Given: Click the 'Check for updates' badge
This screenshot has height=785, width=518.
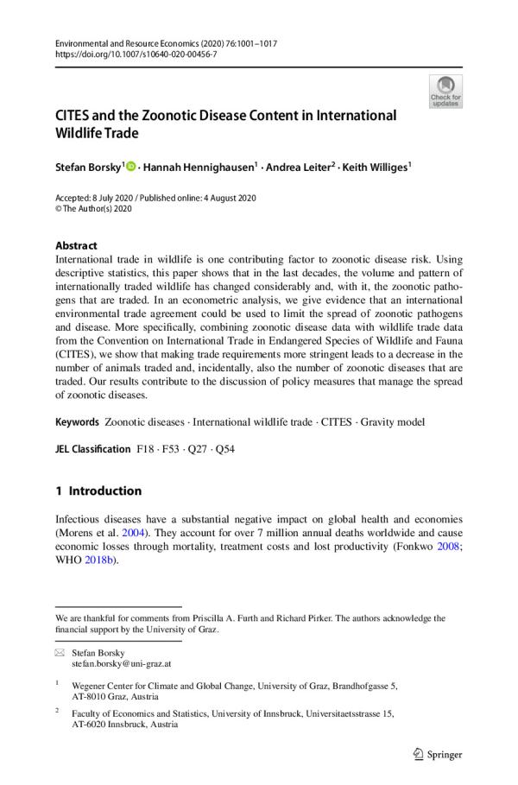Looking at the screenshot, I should point(445,91).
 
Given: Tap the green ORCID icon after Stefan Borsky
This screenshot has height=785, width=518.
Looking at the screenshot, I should point(131,165).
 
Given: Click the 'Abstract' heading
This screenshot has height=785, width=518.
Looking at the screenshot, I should point(76,245).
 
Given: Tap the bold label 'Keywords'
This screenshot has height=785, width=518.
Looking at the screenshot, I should point(77,422).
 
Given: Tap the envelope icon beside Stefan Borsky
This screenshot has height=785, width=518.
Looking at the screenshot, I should point(60,654).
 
